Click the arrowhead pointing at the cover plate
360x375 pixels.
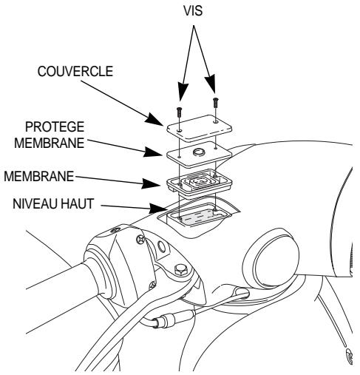coord(167,121)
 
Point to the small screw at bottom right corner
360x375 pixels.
coord(351,362)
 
